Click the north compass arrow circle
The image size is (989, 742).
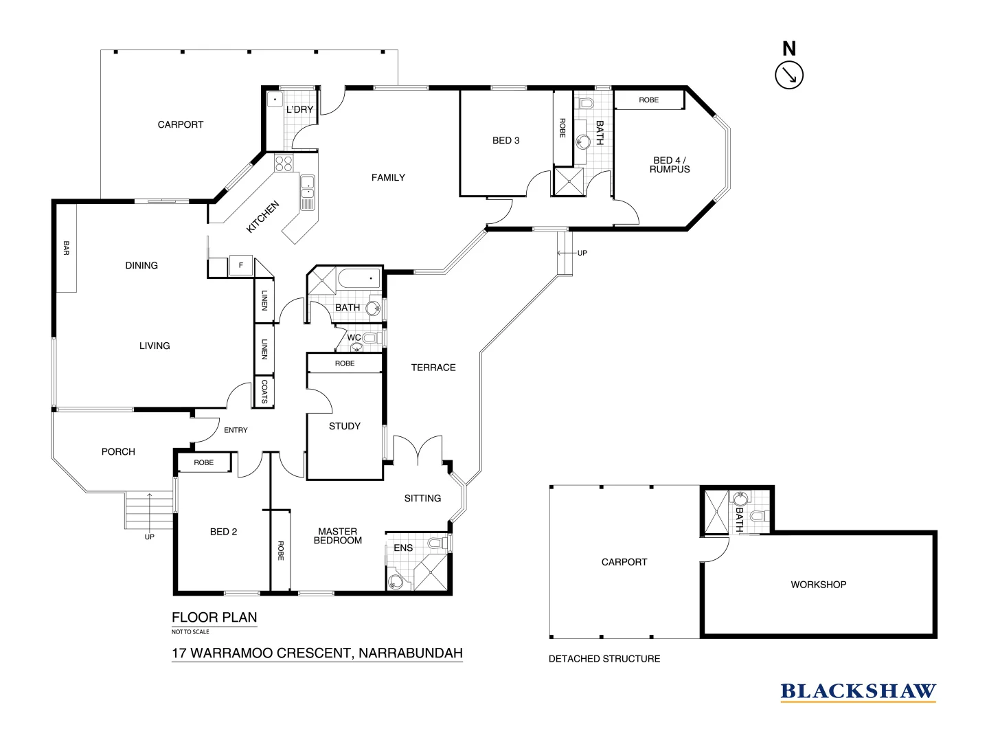[x=789, y=76]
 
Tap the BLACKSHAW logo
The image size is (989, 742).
[x=858, y=691]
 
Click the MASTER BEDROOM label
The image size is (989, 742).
[x=338, y=536]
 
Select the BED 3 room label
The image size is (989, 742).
[x=506, y=140]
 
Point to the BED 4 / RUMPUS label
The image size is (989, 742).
[x=670, y=164]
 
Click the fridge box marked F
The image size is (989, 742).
[x=240, y=265]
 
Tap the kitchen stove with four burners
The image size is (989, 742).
[x=284, y=164]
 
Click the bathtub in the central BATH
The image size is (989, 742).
[x=359, y=279]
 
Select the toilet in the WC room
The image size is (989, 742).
[x=370, y=338]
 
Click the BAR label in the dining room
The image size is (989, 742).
[x=67, y=248]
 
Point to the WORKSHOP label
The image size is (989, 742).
[x=818, y=585]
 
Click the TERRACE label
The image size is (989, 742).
[x=433, y=368]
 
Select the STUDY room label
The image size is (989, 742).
[x=344, y=426]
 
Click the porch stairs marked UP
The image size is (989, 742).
[x=148, y=511]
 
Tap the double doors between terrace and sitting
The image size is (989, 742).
[x=418, y=451]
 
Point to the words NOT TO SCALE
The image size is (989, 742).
[x=190, y=631]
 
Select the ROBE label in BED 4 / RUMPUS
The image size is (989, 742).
[x=648, y=100]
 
